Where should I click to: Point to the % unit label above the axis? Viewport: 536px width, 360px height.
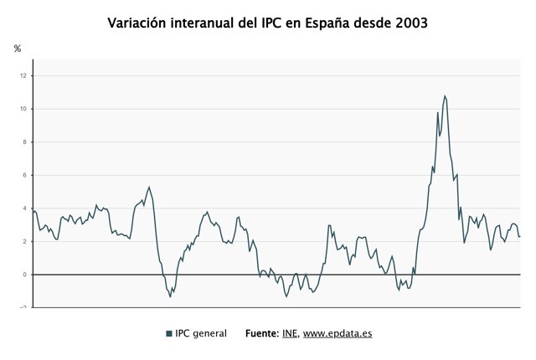tap(18, 49)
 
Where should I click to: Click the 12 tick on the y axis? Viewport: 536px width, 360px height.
tap(24, 76)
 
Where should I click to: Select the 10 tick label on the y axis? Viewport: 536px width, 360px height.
tap(24, 109)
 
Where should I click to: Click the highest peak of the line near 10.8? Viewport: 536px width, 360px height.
tap(445, 96)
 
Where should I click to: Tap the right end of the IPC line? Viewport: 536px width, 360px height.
tap(520, 236)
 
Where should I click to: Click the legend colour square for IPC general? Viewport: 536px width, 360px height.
tap(169, 334)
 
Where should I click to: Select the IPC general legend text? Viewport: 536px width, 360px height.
tap(201, 333)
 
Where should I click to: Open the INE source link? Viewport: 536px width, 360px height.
tap(289, 333)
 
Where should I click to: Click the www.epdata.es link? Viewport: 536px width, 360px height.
tap(338, 333)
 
